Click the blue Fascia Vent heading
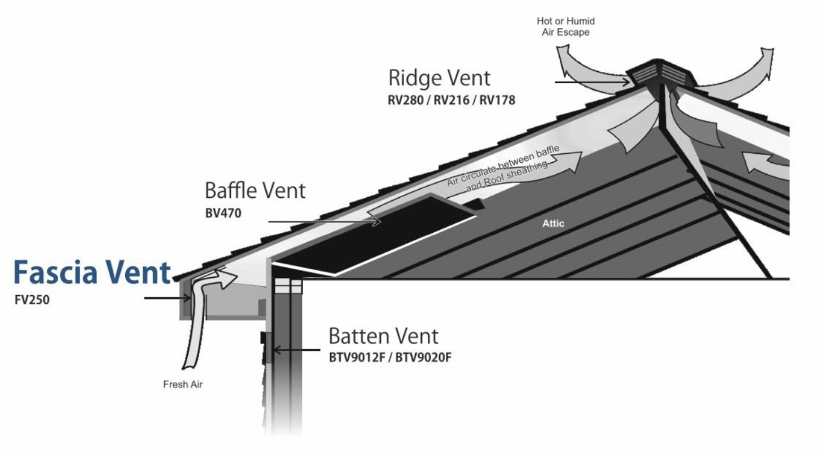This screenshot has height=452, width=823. (x=93, y=274)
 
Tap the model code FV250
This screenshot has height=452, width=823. (x=32, y=300)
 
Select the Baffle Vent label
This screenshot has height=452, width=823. (x=255, y=190)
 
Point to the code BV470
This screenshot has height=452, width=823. (x=224, y=213)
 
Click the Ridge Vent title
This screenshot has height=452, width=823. (x=439, y=78)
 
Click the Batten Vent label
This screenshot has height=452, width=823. (x=383, y=336)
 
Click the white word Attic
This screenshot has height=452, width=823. (x=553, y=223)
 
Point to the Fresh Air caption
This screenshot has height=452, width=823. (x=183, y=384)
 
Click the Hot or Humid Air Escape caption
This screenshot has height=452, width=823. (x=566, y=26)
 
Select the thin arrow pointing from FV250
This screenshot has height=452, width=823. (x=166, y=299)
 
